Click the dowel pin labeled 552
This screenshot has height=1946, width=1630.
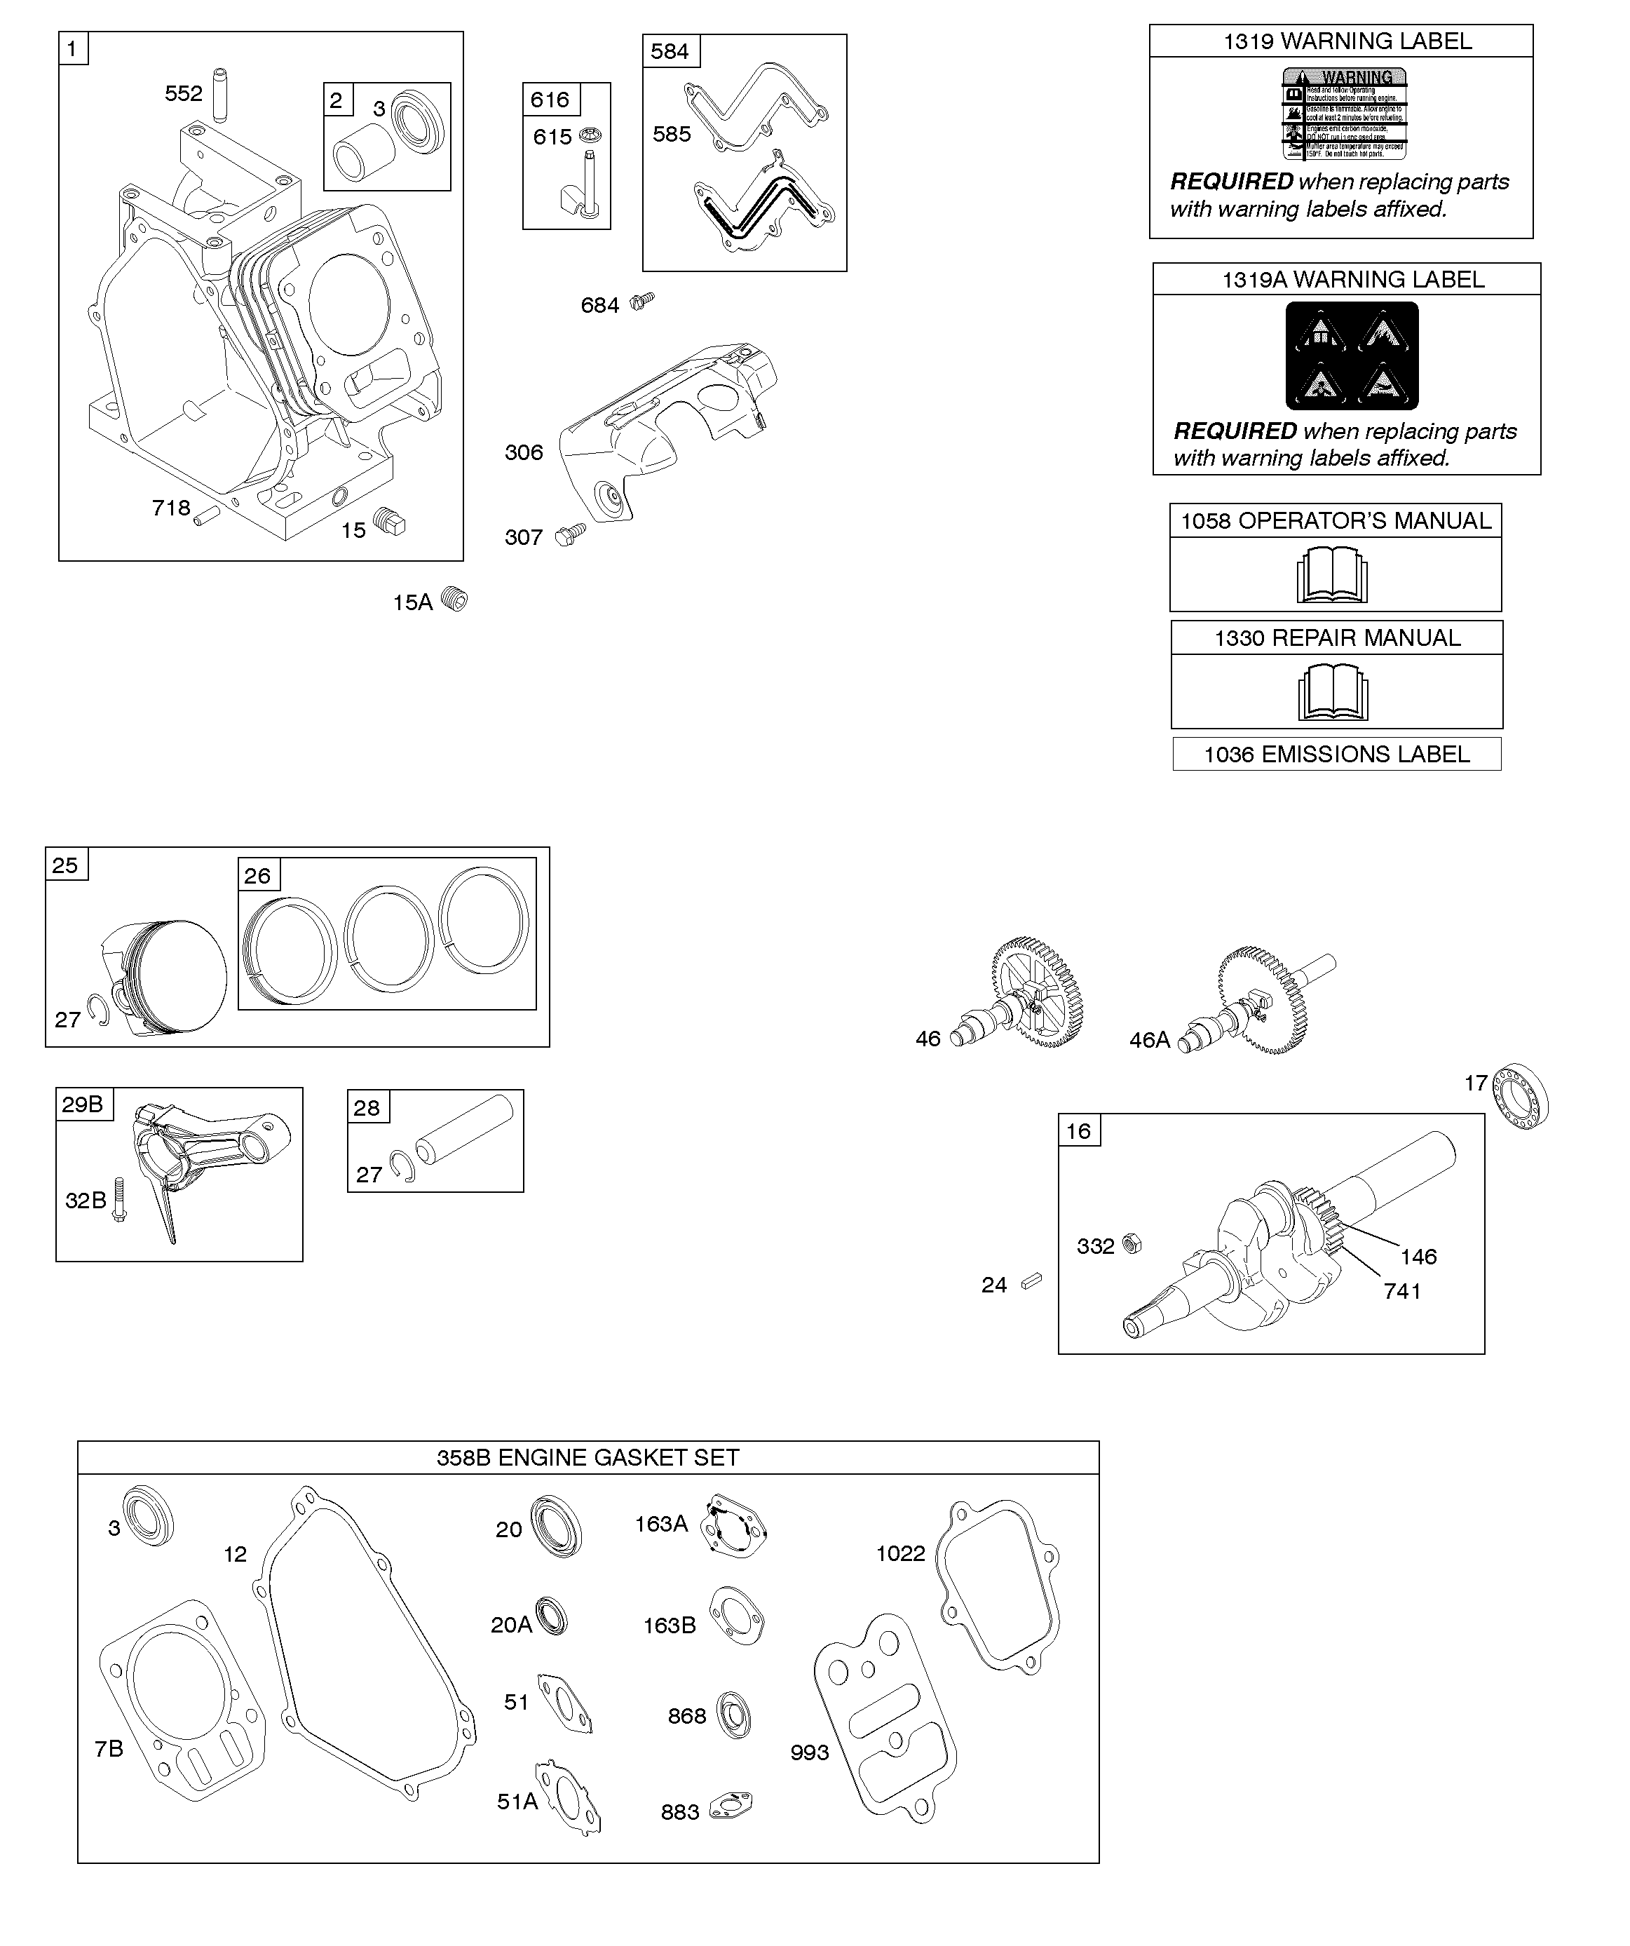tap(221, 93)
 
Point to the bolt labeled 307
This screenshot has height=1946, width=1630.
tap(569, 534)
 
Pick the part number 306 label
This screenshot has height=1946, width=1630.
tap(524, 452)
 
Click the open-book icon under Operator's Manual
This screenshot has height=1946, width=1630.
tap(1331, 574)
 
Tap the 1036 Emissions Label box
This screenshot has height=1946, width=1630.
tap(1336, 755)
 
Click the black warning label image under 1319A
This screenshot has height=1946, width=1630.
tap(1352, 356)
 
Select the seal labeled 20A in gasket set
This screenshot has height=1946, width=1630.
tap(551, 1617)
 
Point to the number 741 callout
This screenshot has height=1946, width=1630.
tap(1402, 1291)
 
